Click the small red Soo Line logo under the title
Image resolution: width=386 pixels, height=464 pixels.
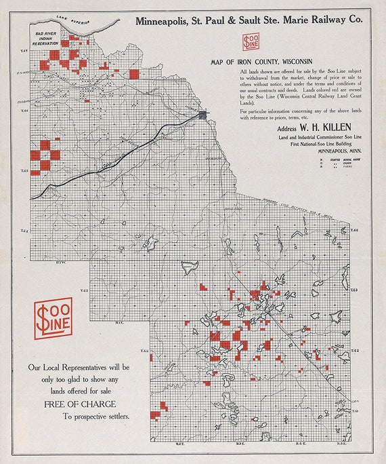(251, 43)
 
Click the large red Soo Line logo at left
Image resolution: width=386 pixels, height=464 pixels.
(53, 318)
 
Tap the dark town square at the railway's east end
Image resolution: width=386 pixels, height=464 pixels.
(203, 115)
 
